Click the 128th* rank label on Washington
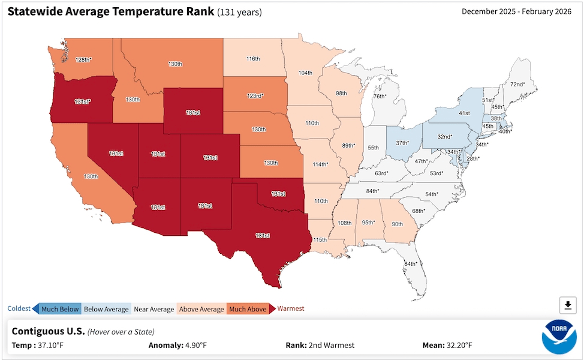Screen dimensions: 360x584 point(83,60)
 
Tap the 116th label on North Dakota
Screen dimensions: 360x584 point(253,59)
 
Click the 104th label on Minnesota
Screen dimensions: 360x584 point(305,73)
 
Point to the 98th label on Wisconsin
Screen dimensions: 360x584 point(341,94)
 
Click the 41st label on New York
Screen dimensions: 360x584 point(464,113)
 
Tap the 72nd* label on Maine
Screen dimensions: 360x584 point(517,85)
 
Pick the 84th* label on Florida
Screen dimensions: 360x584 point(411,264)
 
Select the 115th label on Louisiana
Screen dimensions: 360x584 point(320,239)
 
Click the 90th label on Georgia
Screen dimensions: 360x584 point(397,224)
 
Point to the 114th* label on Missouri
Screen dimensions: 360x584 point(321,164)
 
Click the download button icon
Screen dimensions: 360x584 point(568,305)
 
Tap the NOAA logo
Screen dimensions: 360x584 point(559,337)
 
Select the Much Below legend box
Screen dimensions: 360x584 point(60,309)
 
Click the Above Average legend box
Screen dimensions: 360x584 point(201,309)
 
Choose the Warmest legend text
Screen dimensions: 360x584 point(290,309)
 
